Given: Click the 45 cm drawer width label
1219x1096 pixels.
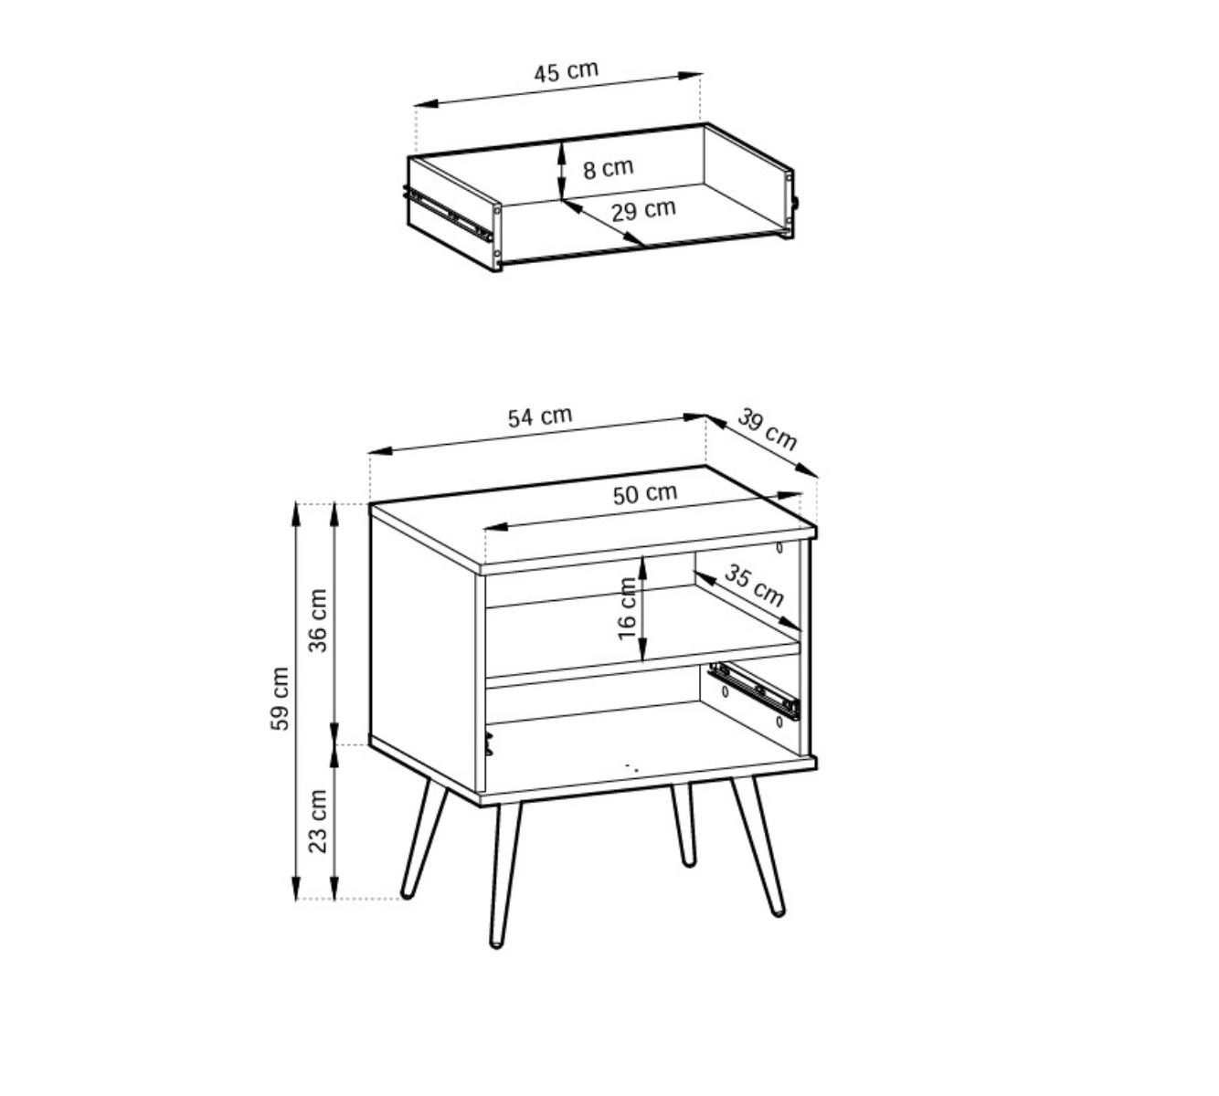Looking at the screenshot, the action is pos(567,71).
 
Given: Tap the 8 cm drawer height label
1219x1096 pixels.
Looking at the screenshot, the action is pos(608,168).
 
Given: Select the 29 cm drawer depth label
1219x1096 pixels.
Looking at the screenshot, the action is pos(643,210).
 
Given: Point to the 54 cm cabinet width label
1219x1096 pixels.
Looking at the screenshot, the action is pos(540,416).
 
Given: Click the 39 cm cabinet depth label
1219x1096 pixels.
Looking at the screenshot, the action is pos(767,430).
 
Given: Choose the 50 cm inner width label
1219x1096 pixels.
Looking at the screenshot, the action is pos(644,494).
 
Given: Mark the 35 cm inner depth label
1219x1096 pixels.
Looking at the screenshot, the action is pos(754,585).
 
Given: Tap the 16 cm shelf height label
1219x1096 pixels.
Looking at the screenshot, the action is pos(627,608).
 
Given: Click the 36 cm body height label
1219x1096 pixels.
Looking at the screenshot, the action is pos(317,620).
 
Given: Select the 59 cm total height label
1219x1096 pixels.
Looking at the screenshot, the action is pos(279,699).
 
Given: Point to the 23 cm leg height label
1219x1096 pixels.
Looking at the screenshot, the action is pos(317,821).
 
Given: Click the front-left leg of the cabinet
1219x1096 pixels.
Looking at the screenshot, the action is pos(504,875).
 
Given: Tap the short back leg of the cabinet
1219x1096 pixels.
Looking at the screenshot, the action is pos(682,825).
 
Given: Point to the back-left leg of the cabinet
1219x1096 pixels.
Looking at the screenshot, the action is pos(423,839).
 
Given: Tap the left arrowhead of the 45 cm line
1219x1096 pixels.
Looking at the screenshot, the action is pos(427,103).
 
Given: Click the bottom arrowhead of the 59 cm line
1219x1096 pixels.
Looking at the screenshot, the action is pos(295,889).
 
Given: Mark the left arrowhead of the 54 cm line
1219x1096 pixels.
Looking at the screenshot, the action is pos(381,450).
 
